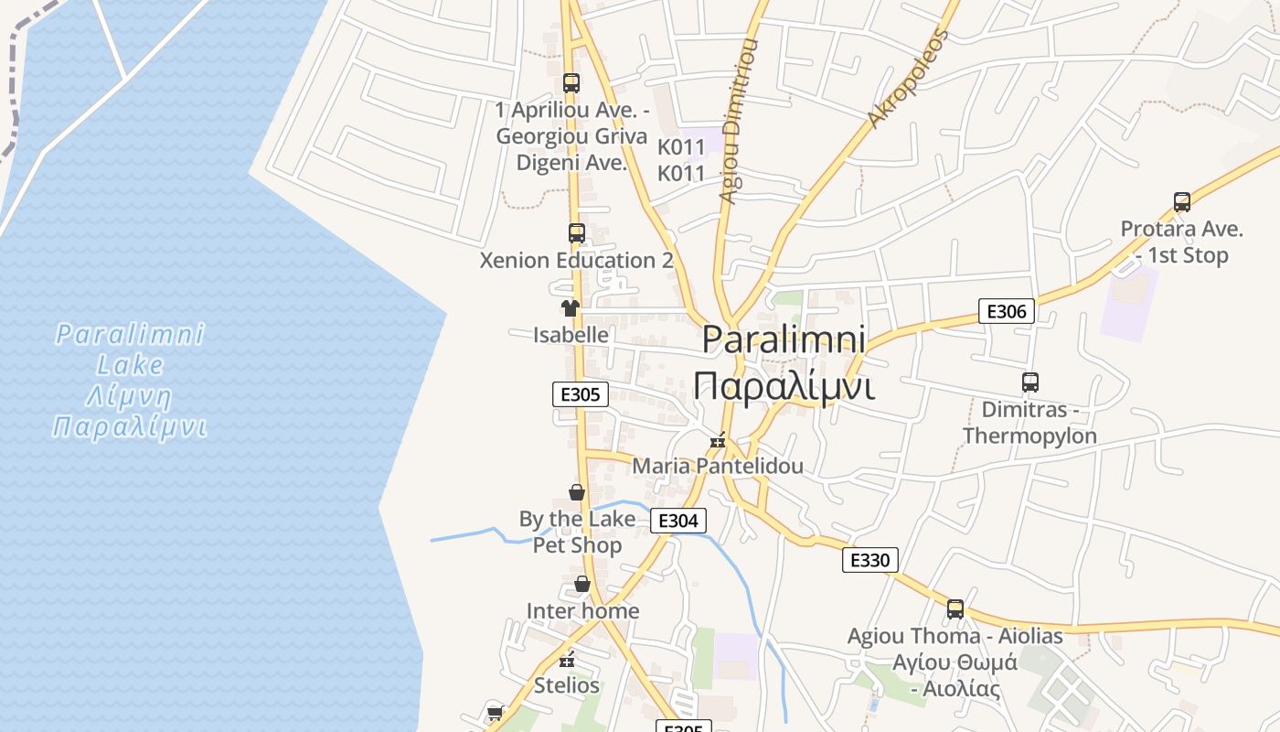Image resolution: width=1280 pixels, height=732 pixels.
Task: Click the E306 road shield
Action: click(x=1006, y=311)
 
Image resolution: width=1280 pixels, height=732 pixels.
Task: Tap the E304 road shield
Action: click(x=677, y=521)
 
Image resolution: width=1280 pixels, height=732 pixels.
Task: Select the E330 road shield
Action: click(x=869, y=560)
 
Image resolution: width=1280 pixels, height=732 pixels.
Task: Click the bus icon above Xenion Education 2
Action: click(x=576, y=233)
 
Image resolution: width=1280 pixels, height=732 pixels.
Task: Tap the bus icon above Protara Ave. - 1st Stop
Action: click(x=1181, y=202)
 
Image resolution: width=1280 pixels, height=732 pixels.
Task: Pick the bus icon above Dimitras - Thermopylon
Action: click(x=1029, y=382)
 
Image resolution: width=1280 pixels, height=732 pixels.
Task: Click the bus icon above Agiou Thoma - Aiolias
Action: click(x=955, y=608)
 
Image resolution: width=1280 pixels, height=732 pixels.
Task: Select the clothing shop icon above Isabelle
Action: click(x=571, y=308)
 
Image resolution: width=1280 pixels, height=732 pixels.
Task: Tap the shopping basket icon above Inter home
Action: click(x=582, y=584)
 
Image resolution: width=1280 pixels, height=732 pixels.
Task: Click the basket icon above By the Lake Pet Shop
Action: click(x=577, y=493)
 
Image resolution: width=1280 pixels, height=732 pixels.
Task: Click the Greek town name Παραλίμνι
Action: click(x=784, y=385)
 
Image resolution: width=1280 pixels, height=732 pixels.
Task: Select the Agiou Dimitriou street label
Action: click(x=739, y=119)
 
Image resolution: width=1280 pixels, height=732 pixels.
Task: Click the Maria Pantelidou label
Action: click(x=718, y=466)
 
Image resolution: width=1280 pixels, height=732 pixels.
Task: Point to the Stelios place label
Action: click(x=567, y=685)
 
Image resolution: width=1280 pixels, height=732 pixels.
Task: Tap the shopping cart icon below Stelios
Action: click(x=495, y=713)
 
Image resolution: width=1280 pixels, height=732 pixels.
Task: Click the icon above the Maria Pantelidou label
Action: click(x=719, y=442)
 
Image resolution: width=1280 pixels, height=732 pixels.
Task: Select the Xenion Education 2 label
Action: click(x=576, y=260)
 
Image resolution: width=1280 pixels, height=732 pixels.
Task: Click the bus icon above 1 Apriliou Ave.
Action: click(x=571, y=83)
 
